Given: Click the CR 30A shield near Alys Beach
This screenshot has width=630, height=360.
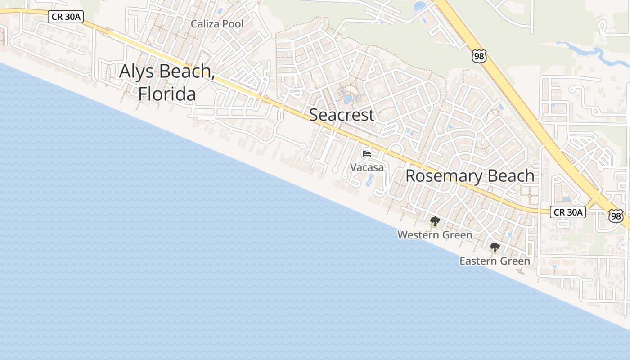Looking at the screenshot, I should (66, 17).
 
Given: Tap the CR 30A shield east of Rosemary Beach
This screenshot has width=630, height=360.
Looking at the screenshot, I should (567, 212).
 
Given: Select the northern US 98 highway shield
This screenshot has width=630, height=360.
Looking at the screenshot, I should (479, 56).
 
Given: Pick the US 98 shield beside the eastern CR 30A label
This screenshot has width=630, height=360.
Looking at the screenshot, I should (616, 216).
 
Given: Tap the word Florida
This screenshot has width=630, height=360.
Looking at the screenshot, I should (167, 94).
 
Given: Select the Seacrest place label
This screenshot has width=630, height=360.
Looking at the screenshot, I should (342, 115).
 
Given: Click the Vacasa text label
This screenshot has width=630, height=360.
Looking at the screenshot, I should (367, 167).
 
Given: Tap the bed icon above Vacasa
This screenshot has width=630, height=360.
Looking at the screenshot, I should (367, 154).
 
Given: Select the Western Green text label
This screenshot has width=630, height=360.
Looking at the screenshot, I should (435, 235).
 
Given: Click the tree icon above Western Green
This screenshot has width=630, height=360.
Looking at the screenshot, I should (435, 221).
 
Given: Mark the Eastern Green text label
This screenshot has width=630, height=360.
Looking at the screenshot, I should (495, 261).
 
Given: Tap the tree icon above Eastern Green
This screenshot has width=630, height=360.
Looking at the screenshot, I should (495, 247).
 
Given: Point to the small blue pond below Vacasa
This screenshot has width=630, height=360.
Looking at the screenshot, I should (370, 180).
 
